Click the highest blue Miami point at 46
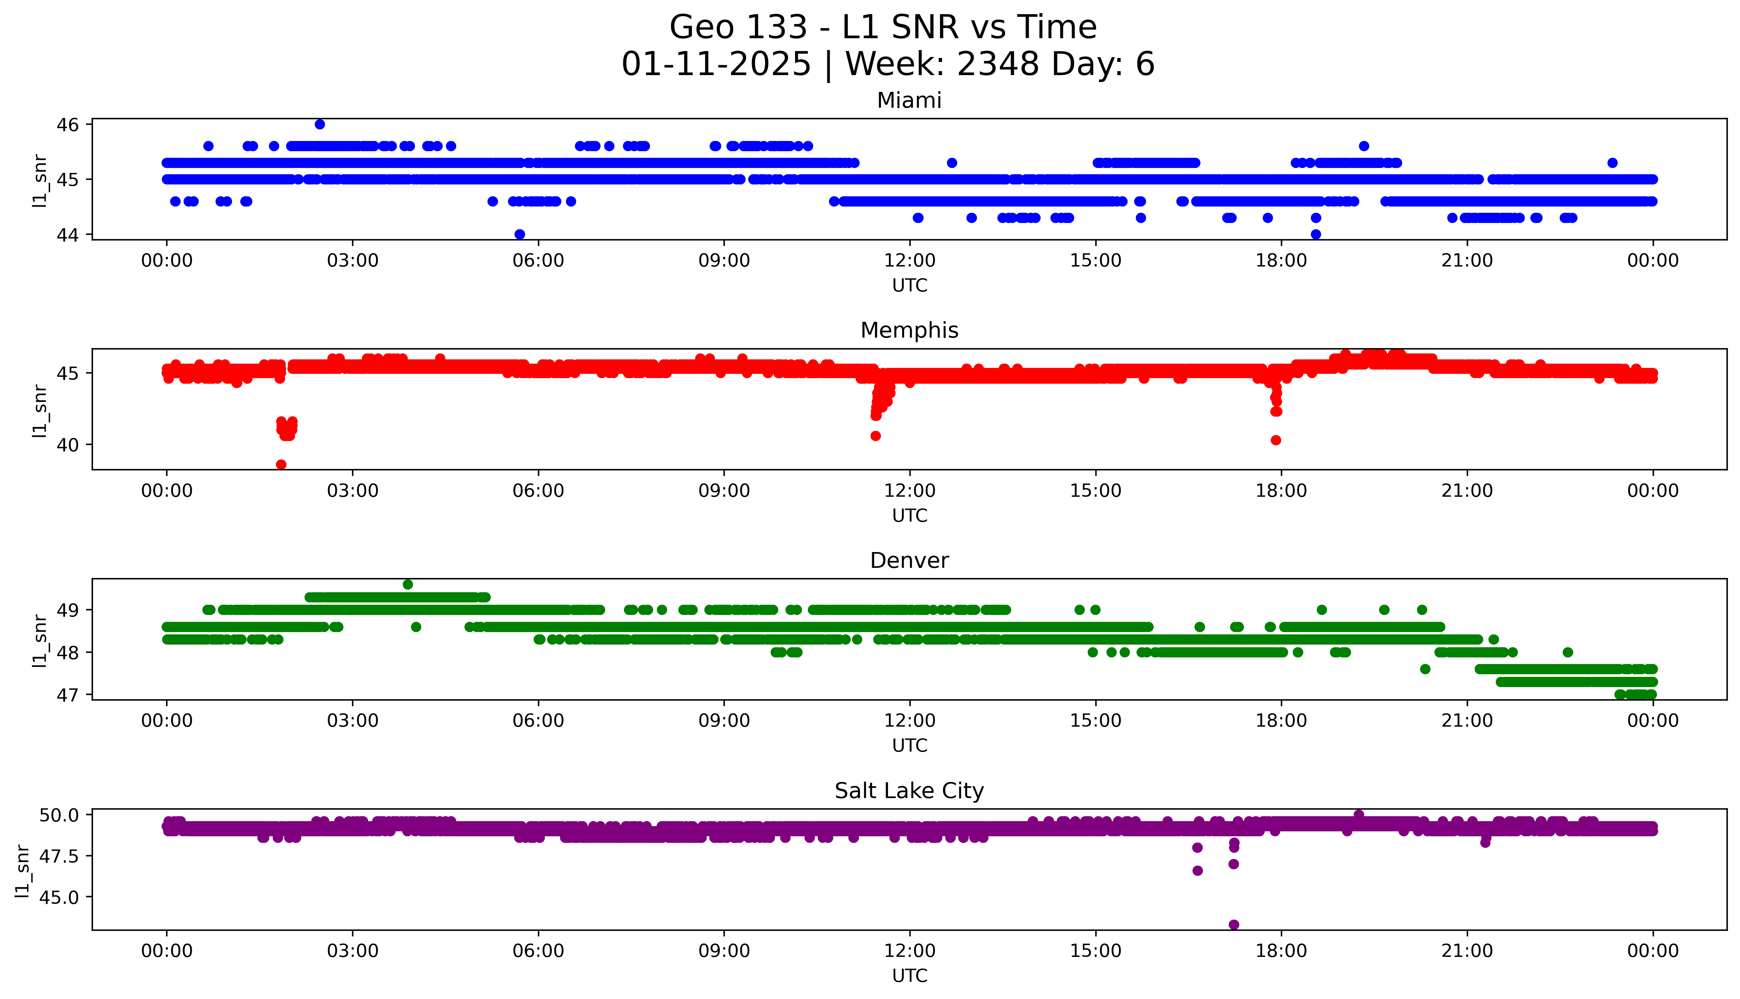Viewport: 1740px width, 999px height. click(x=320, y=124)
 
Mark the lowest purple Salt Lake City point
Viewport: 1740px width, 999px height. click(x=1233, y=924)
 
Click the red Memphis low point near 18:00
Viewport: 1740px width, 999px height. click(x=1275, y=440)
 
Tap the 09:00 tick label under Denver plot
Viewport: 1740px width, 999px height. click(x=724, y=721)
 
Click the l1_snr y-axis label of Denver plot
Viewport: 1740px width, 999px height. click(x=40, y=640)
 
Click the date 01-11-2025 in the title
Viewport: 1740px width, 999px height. click(x=716, y=65)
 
